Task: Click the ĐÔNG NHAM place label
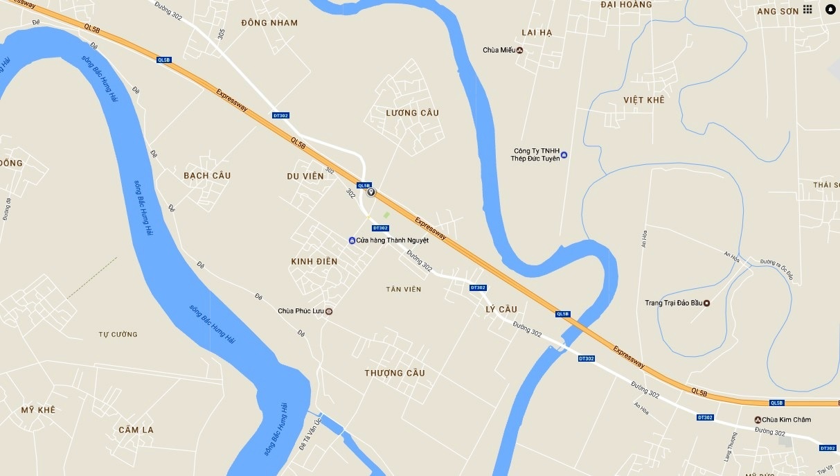coord(270,23)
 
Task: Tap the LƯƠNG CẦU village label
coord(413,113)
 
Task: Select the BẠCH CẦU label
coord(207,175)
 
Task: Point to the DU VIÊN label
coord(305,176)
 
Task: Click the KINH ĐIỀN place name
coord(314,261)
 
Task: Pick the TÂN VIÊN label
coord(404,289)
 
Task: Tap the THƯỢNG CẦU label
coord(395,373)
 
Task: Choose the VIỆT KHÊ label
coord(643,100)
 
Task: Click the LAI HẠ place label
coord(537,33)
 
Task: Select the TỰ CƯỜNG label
coord(118,334)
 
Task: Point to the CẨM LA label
coord(136,430)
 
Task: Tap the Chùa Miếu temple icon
coord(520,50)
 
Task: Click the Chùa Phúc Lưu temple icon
coord(329,311)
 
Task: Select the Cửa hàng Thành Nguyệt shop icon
coord(352,240)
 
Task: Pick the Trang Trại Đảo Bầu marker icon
coord(706,303)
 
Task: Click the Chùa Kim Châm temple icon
coord(758,420)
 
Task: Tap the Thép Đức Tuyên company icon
coord(564,155)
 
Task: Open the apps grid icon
coord(807,10)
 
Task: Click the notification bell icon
coord(830,10)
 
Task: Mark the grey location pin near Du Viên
coord(371,192)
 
